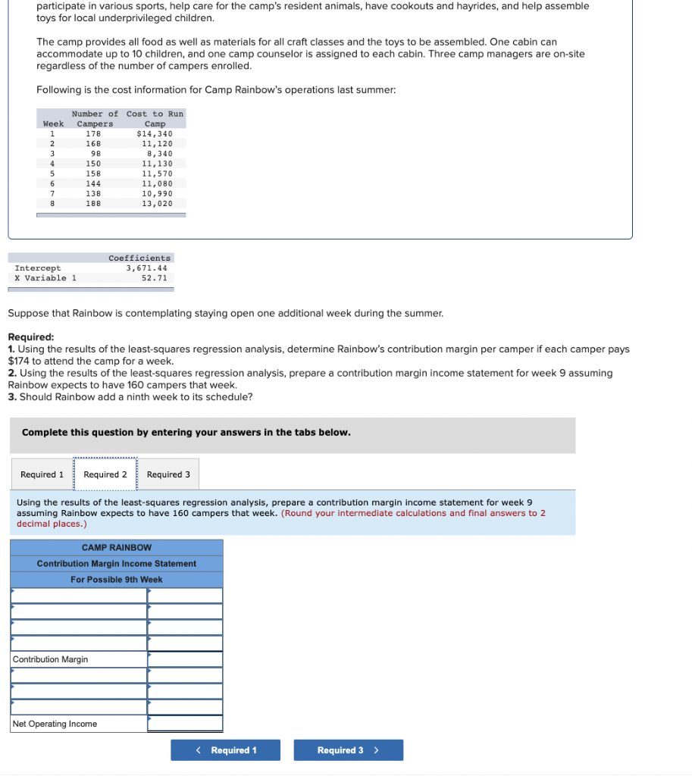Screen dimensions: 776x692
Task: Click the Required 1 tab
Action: [42, 474]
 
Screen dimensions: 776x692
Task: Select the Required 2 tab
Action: [105, 474]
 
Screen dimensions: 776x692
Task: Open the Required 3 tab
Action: [168, 474]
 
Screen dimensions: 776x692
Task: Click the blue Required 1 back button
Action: [225, 750]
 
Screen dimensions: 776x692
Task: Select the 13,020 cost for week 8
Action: [157, 203]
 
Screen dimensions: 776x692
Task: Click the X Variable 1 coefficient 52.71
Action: [154, 278]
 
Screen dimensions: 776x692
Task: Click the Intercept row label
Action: [38, 268]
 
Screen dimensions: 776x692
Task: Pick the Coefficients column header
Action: [139, 258]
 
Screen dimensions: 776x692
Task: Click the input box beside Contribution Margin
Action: [185, 659]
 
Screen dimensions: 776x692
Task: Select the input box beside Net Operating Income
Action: [185, 724]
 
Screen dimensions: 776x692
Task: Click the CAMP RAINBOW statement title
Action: [117, 547]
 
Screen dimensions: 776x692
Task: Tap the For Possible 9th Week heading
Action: [117, 580]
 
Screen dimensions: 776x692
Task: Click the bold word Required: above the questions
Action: [30, 337]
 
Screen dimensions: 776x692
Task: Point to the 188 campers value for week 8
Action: [93, 203]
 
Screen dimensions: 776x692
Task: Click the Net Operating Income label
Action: [55, 724]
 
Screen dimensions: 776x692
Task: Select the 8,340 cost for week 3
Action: [159, 154]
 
